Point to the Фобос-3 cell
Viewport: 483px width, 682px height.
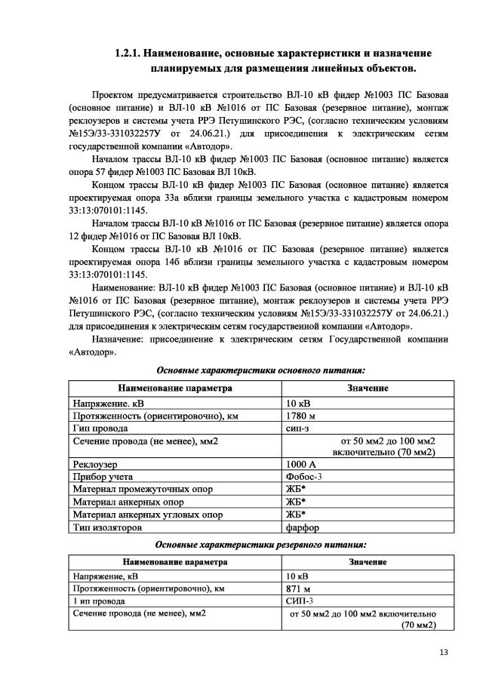tap(305, 478)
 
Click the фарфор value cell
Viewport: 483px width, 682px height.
tap(303, 527)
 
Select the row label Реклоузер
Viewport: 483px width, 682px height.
tap(97, 465)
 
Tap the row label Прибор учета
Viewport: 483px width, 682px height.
tap(103, 478)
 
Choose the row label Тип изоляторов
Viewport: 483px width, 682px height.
tap(107, 527)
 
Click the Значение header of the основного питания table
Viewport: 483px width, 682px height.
tap(368, 388)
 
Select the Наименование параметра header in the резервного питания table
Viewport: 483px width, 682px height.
tap(174, 562)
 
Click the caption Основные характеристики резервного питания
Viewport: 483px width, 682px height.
tap(260, 544)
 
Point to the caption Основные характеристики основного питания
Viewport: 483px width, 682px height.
tap(260, 370)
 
